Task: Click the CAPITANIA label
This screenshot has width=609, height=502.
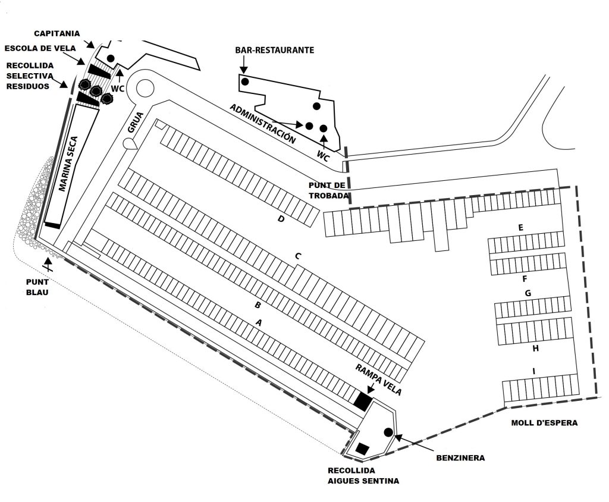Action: (x=56, y=33)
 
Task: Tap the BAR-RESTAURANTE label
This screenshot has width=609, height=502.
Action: (x=275, y=50)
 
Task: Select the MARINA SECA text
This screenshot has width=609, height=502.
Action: (x=68, y=164)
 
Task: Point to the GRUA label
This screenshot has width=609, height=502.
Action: (x=136, y=123)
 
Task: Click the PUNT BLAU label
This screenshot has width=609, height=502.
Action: (x=37, y=287)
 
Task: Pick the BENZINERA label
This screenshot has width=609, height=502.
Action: (x=460, y=458)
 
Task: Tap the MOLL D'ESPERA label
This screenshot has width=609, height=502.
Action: (x=544, y=423)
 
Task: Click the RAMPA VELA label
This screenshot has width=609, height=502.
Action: (x=378, y=379)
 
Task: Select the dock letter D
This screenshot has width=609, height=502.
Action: (x=281, y=219)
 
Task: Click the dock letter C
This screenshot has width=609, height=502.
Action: (x=298, y=256)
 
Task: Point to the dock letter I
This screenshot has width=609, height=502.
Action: (x=533, y=372)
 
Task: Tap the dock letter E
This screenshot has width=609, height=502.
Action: (x=521, y=227)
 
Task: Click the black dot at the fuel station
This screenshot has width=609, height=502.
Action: (x=388, y=432)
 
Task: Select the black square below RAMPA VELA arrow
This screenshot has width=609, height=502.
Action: (x=363, y=401)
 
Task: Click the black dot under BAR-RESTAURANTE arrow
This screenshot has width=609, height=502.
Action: (x=244, y=81)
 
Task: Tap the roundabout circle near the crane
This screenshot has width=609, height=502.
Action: (x=145, y=88)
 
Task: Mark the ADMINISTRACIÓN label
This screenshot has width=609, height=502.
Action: (x=262, y=124)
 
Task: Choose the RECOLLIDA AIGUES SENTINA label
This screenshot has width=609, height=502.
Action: (x=363, y=476)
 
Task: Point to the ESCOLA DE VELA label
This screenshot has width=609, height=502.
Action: (x=40, y=48)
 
